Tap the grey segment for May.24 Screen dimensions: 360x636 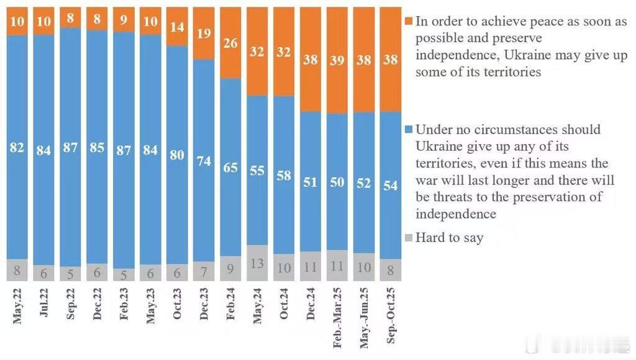257,263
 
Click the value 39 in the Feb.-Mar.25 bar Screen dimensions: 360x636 337,60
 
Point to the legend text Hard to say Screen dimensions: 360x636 449,238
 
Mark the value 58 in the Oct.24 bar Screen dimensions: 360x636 284,176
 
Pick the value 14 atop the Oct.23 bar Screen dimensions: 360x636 177,27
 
